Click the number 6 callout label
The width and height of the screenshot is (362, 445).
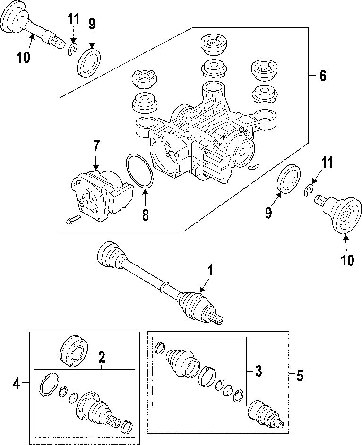point(322,76)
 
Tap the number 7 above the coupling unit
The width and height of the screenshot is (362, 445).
point(96,146)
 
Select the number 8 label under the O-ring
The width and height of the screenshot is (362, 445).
point(145,215)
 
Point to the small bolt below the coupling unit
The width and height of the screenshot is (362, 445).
point(71,220)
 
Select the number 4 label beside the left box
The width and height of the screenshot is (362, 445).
point(17,384)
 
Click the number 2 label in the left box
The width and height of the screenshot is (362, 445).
point(101,358)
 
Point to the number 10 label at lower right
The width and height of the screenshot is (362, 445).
point(347,260)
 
